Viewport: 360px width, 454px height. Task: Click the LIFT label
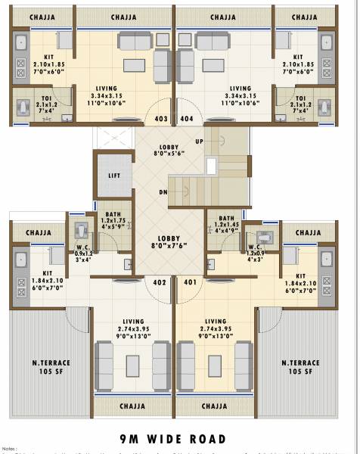point(114,176)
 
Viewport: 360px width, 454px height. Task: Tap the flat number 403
point(161,119)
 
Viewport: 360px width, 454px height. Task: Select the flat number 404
point(187,119)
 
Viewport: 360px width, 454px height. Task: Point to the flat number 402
point(160,282)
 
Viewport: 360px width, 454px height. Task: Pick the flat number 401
point(189,282)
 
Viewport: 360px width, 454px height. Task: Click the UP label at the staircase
point(199,141)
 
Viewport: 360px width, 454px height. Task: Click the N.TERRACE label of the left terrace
point(48,362)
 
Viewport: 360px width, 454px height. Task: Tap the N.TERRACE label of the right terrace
point(301,362)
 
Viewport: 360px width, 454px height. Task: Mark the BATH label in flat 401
point(226,218)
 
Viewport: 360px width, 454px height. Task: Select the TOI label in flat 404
point(301,99)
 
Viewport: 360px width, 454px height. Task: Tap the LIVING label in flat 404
point(241,89)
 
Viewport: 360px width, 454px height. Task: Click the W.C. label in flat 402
point(83,247)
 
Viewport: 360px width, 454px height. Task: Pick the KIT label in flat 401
point(301,276)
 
